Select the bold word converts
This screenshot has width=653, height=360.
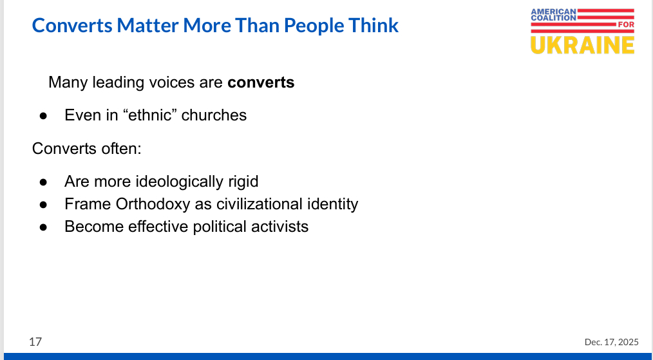click(261, 82)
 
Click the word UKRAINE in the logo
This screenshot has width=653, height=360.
click(583, 45)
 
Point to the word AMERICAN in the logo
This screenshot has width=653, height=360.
click(553, 11)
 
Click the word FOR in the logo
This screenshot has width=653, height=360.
click(626, 24)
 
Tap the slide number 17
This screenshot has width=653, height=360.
click(35, 342)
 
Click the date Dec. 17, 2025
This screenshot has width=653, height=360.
click(611, 342)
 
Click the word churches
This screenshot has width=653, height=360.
click(214, 115)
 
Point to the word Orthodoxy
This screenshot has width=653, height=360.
click(153, 204)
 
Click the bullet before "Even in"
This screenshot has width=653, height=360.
click(43, 116)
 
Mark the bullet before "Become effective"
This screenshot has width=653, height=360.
click(43, 227)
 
